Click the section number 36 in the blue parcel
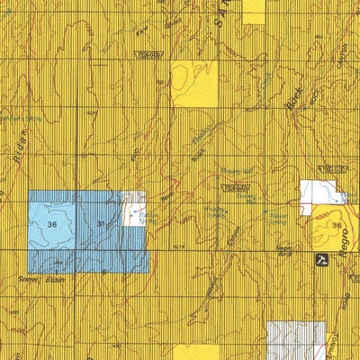click(x=52, y=223)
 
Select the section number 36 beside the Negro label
click(x=337, y=225)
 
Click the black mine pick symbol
click(x=321, y=260)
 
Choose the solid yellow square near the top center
click(x=194, y=84)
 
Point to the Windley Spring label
click(x=217, y=212)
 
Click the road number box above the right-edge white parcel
click(x=334, y=170)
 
